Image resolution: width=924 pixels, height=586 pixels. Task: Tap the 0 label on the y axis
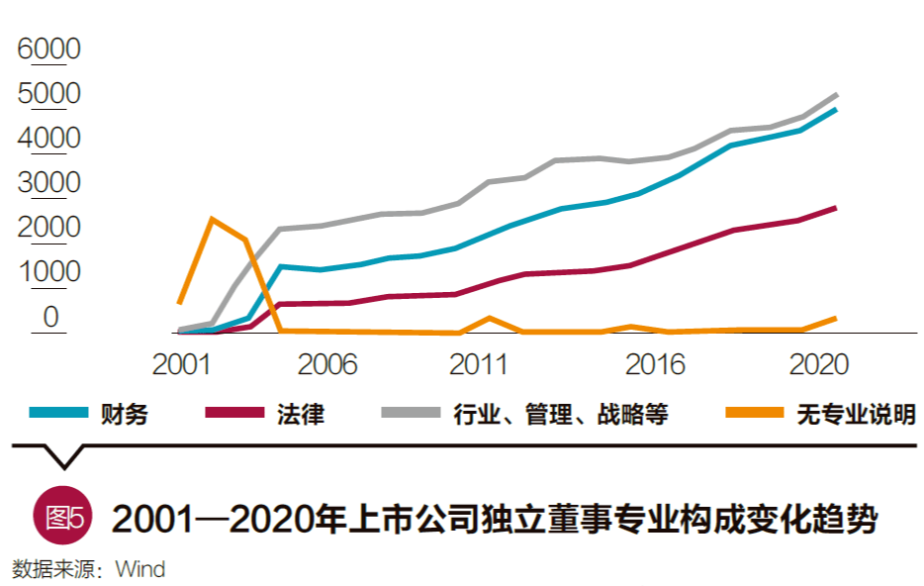click(x=50, y=317)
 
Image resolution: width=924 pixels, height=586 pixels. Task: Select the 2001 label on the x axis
click(x=180, y=364)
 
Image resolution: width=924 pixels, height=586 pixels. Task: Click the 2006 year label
click(x=327, y=364)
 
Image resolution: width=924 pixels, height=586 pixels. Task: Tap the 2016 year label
click(x=655, y=364)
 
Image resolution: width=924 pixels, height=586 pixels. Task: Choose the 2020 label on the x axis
click(x=819, y=364)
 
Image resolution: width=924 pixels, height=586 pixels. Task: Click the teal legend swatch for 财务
click(x=58, y=413)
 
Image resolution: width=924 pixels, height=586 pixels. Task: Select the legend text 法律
click(x=300, y=414)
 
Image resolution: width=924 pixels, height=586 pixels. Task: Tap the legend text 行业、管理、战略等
click(x=560, y=414)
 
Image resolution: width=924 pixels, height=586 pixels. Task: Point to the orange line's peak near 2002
click(x=212, y=219)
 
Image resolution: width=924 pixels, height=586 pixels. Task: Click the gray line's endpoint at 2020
click(x=837, y=94)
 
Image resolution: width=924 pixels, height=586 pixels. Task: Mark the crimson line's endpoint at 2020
click(x=837, y=208)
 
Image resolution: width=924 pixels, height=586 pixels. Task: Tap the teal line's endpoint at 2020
click(x=837, y=110)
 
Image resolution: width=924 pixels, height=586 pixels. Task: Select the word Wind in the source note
click(x=139, y=570)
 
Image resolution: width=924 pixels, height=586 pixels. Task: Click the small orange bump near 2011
click(x=490, y=318)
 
